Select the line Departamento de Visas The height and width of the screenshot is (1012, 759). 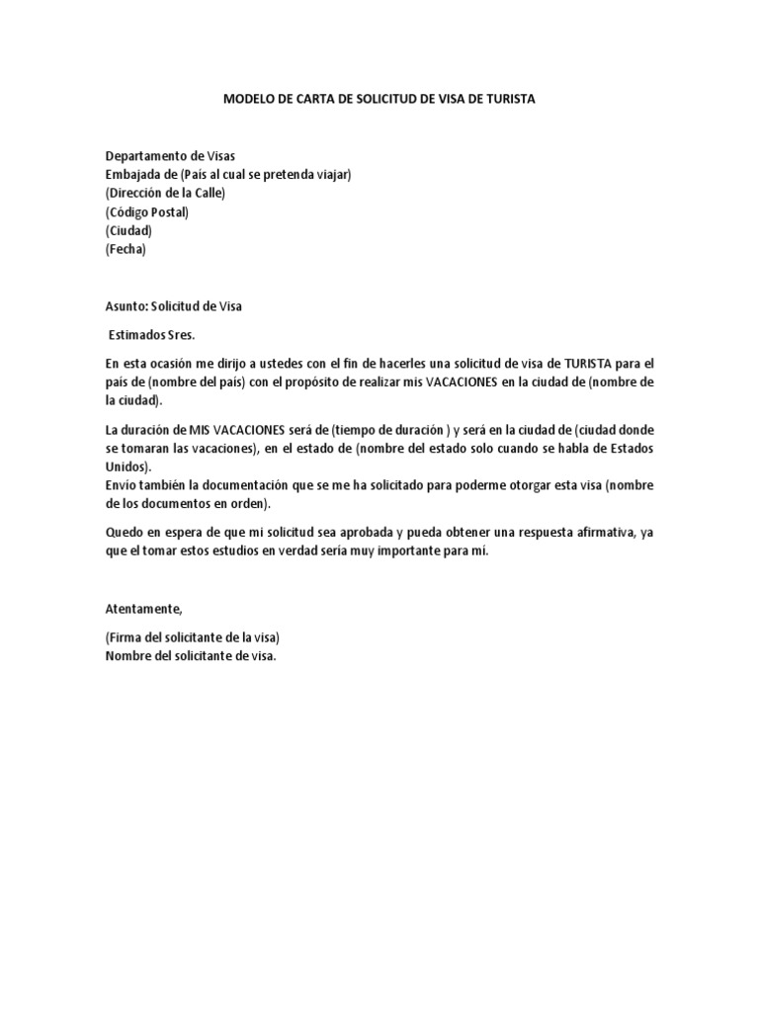(x=171, y=156)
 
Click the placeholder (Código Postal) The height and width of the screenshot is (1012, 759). (x=146, y=212)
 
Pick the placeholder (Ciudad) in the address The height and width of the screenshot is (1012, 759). (x=128, y=231)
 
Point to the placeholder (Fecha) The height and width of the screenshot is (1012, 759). (x=126, y=249)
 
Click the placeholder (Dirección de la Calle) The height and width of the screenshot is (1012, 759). (x=165, y=194)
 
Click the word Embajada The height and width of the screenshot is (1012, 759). (x=132, y=175)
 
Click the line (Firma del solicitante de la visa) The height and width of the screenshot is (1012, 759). (x=199, y=637)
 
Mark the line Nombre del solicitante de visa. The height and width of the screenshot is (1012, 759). (x=191, y=655)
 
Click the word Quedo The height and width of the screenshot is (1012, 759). (x=125, y=533)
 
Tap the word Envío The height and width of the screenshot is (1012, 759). (x=122, y=486)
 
